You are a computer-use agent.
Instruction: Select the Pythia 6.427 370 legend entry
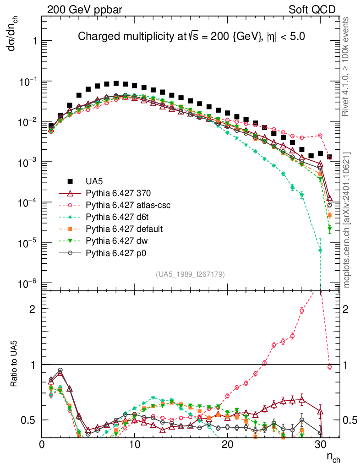tap(118, 193)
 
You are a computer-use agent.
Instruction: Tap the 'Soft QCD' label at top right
tap(312, 10)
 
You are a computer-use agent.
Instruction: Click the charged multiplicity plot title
tap(191, 36)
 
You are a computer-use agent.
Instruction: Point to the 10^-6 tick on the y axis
tap(28, 284)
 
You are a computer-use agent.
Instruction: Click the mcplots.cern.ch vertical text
tap(347, 220)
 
